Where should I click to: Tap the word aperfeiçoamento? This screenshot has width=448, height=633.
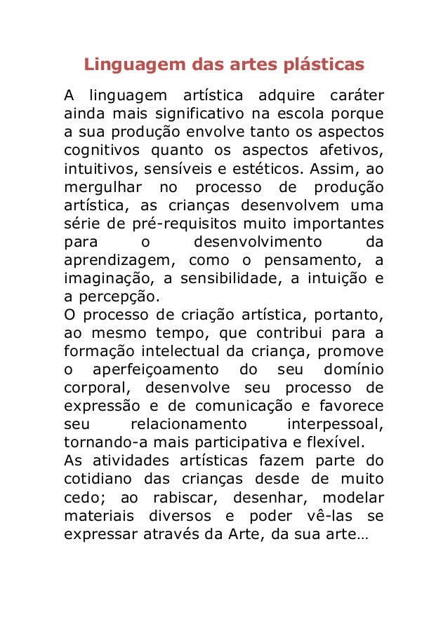(150, 369)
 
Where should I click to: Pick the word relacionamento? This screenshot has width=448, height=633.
(189, 423)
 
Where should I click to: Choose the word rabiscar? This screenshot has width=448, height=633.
(195, 497)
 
